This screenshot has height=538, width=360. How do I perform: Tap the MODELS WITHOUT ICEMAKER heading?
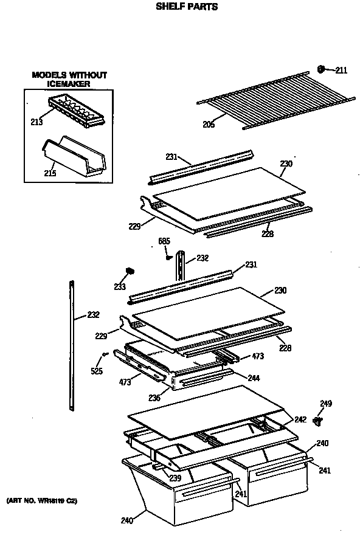pyautogui.click(x=69, y=79)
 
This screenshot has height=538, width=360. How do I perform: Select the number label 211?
pyautogui.click(x=341, y=70)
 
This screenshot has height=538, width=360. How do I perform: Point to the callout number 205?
pyautogui.click(x=209, y=125)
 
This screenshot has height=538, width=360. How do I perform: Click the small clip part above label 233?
pyautogui.click(x=129, y=271)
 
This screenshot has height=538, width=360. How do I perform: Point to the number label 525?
pyautogui.click(x=97, y=371)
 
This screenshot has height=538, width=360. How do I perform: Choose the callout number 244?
pyautogui.click(x=254, y=378)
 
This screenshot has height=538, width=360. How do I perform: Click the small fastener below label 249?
pyautogui.click(x=317, y=420)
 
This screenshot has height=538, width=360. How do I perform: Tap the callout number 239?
pyautogui.click(x=175, y=477)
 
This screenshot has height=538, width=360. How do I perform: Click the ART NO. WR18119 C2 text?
pyautogui.click(x=42, y=500)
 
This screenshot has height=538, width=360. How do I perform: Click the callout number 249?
pyautogui.click(x=326, y=403)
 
